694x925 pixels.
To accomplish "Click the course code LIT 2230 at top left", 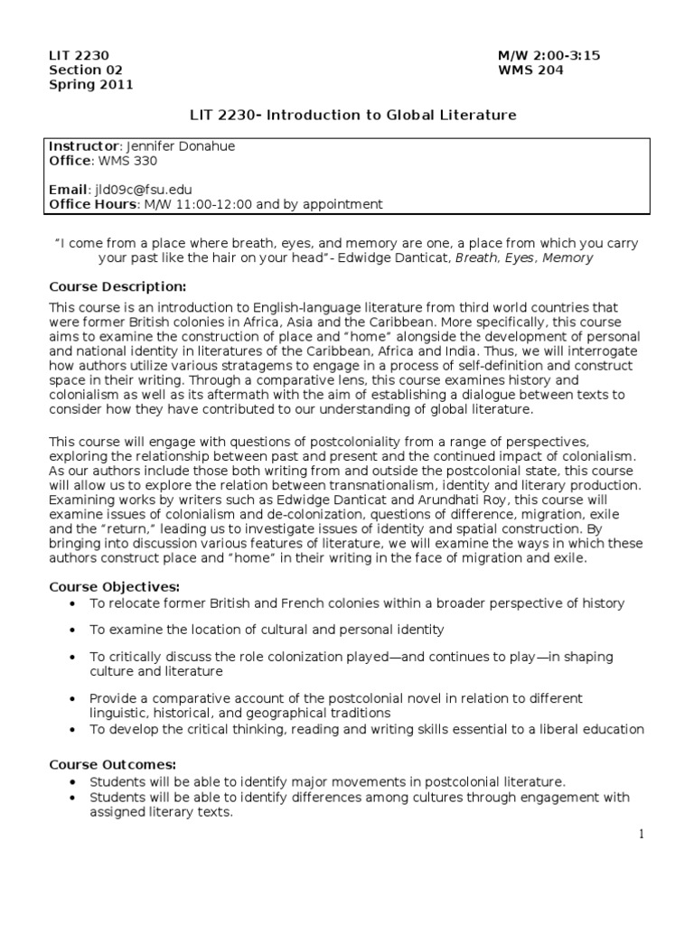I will pyautogui.click(x=79, y=56).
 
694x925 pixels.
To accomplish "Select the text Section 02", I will pyautogui.click(x=85, y=70).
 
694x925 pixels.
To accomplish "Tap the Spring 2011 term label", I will pyautogui.click(x=90, y=85).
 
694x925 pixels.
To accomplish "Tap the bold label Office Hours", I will pyautogui.click(x=90, y=204).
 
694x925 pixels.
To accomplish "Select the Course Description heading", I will pyautogui.click(x=117, y=286).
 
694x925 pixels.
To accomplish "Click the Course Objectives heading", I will pyautogui.click(x=114, y=587).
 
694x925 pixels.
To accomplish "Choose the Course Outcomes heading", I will pyautogui.click(x=112, y=765).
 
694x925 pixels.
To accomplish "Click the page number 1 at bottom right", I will pyautogui.click(x=642, y=835).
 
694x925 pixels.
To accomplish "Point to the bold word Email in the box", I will pyautogui.click(x=68, y=190).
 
